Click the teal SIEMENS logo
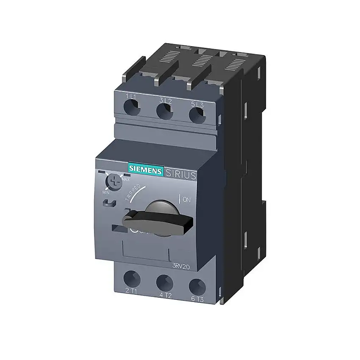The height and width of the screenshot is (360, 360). (146, 170)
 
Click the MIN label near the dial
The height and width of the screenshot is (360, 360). (105, 193)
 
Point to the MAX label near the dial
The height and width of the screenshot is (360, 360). (125, 180)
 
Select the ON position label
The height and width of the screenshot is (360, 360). (187, 199)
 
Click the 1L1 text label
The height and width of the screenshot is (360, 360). (131, 97)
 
